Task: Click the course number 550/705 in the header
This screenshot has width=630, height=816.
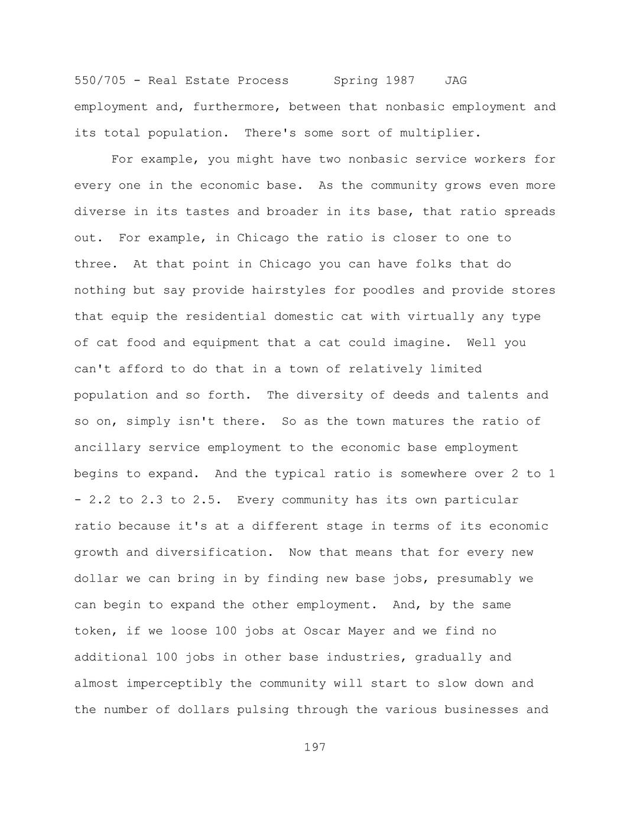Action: pyautogui.click(x=100, y=80)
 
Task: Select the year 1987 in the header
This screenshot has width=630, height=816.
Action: pyautogui.click(x=400, y=80)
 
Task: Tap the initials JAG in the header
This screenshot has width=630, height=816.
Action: pyautogui.click(x=456, y=80)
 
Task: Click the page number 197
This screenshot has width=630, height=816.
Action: pyautogui.click(x=315, y=747)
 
